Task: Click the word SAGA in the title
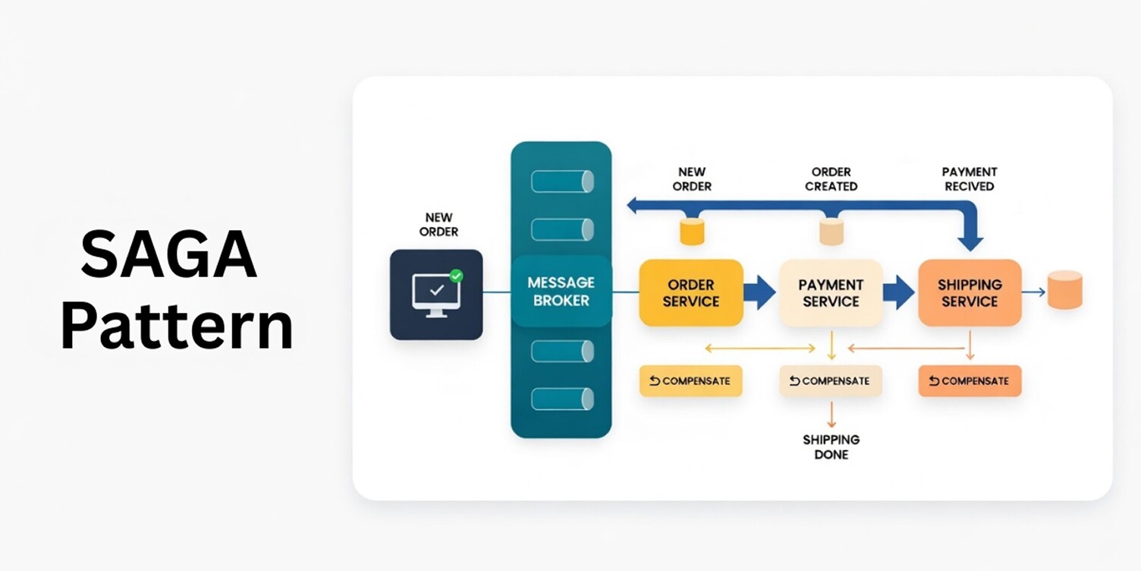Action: (168, 256)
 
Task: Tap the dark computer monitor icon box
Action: (436, 294)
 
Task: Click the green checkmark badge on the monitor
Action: (456, 276)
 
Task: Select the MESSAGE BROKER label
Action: (561, 292)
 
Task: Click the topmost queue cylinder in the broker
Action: (561, 181)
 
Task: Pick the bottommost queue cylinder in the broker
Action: (561, 399)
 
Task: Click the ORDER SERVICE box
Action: (690, 293)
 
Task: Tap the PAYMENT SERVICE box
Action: (831, 293)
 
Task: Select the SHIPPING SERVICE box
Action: (969, 293)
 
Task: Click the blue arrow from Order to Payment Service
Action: (759, 292)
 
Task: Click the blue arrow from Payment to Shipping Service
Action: (898, 292)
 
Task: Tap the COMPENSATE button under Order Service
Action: (690, 381)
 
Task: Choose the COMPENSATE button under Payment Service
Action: (831, 381)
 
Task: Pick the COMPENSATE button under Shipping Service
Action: (969, 381)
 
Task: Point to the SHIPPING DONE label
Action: (831, 447)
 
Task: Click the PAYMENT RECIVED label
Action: (969, 179)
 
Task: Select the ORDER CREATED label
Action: (831, 179)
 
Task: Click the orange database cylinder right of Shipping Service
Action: (1064, 290)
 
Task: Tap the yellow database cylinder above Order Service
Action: (692, 232)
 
